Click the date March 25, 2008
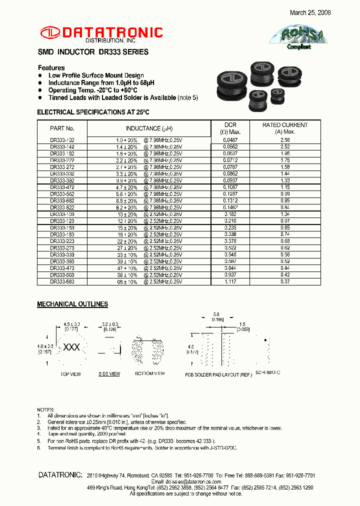tap(310, 12)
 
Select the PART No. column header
tap(62, 128)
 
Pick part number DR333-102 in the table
tap(62, 140)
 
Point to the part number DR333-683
tap(62, 282)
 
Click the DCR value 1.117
tap(230, 282)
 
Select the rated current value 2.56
tap(285, 140)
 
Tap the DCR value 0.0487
tap(230, 140)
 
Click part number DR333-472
tap(62, 187)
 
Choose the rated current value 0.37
tap(285, 282)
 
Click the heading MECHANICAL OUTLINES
tap(72, 304)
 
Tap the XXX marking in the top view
tap(70, 347)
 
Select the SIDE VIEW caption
tap(109, 374)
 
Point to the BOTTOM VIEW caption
tap(150, 374)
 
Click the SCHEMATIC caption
tap(268, 373)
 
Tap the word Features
tap(51, 68)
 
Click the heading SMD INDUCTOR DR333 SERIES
tap(93, 52)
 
